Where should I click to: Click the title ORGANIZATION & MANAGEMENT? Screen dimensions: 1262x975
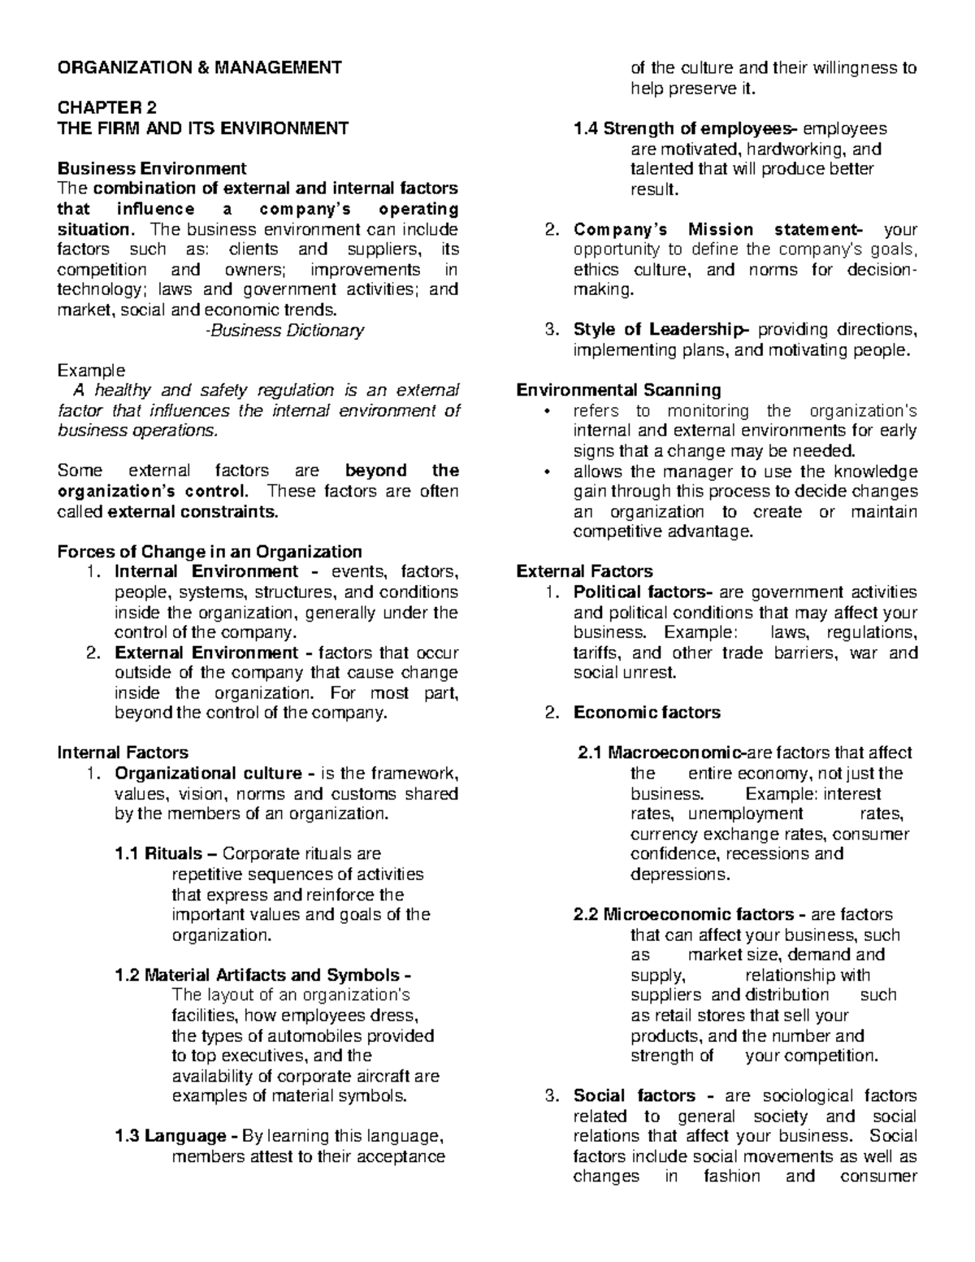point(199,67)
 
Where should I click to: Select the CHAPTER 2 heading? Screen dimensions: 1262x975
point(106,108)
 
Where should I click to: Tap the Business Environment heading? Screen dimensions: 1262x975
point(151,169)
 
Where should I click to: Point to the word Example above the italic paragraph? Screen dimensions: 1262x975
point(91,371)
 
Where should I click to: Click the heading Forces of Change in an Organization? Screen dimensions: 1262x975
point(210,552)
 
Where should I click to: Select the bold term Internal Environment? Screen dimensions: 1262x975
point(206,572)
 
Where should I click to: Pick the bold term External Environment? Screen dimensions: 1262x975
point(207,653)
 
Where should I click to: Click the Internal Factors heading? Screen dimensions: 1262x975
point(123,752)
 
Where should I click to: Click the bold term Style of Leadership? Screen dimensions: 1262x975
point(659,330)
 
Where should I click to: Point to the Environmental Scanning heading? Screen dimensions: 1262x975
point(618,390)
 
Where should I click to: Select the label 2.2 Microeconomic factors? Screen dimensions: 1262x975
point(683,914)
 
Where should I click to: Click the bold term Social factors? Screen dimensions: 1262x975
point(634,1095)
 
